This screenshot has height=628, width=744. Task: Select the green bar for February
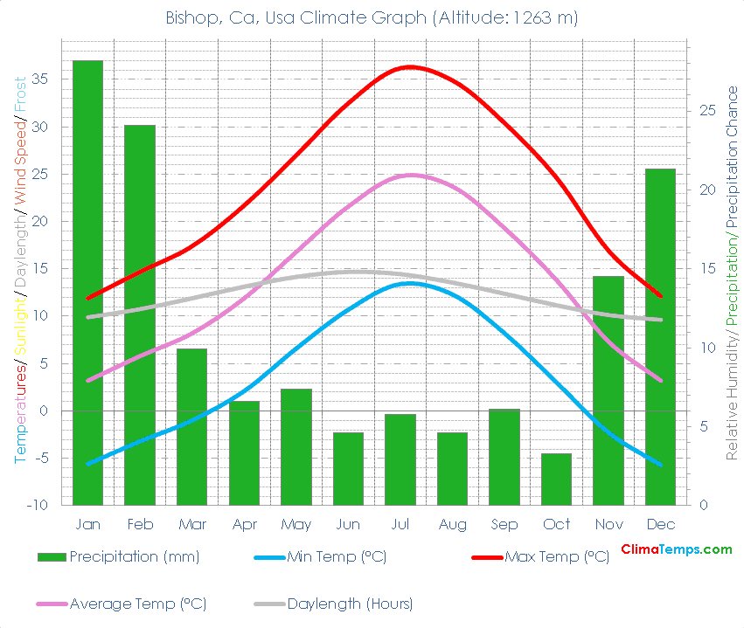tap(140, 314)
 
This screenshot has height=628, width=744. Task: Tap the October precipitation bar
tap(556, 479)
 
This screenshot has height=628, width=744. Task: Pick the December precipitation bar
tap(660, 336)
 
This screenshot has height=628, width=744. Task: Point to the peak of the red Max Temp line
tap(410, 66)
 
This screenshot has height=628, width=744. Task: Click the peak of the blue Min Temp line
tap(410, 282)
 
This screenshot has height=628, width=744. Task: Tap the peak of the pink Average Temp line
tap(410, 175)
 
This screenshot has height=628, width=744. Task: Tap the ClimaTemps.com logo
tap(676, 549)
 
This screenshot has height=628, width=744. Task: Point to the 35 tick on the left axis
tap(45, 79)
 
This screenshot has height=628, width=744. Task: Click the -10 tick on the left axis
tap(42, 505)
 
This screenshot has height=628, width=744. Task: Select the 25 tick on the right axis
tap(707, 111)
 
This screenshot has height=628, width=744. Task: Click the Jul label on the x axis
tap(400, 524)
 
